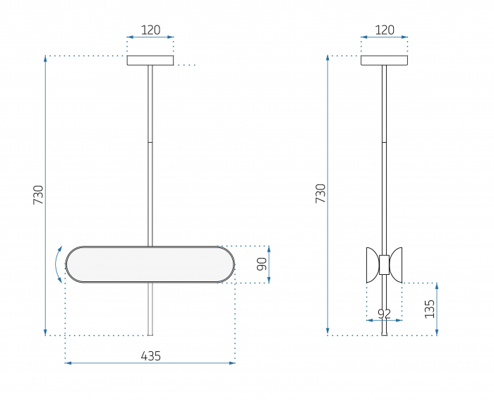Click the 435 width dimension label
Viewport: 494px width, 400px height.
tap(150, 356)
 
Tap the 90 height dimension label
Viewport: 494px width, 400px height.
tap(262, 264)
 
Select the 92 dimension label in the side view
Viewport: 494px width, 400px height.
tap(385, 314)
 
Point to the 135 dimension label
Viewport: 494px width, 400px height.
tap(429, 309)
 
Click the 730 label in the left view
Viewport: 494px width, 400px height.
tap(38, 195)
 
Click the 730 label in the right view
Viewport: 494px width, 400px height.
tap(320, 194)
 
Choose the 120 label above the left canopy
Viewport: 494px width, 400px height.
tap(150, 30)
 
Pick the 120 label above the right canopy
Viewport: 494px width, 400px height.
tap(385, 30)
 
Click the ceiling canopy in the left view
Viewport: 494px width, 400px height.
tap(150, 60)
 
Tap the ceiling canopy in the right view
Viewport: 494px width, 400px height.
tap(384, 60)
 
